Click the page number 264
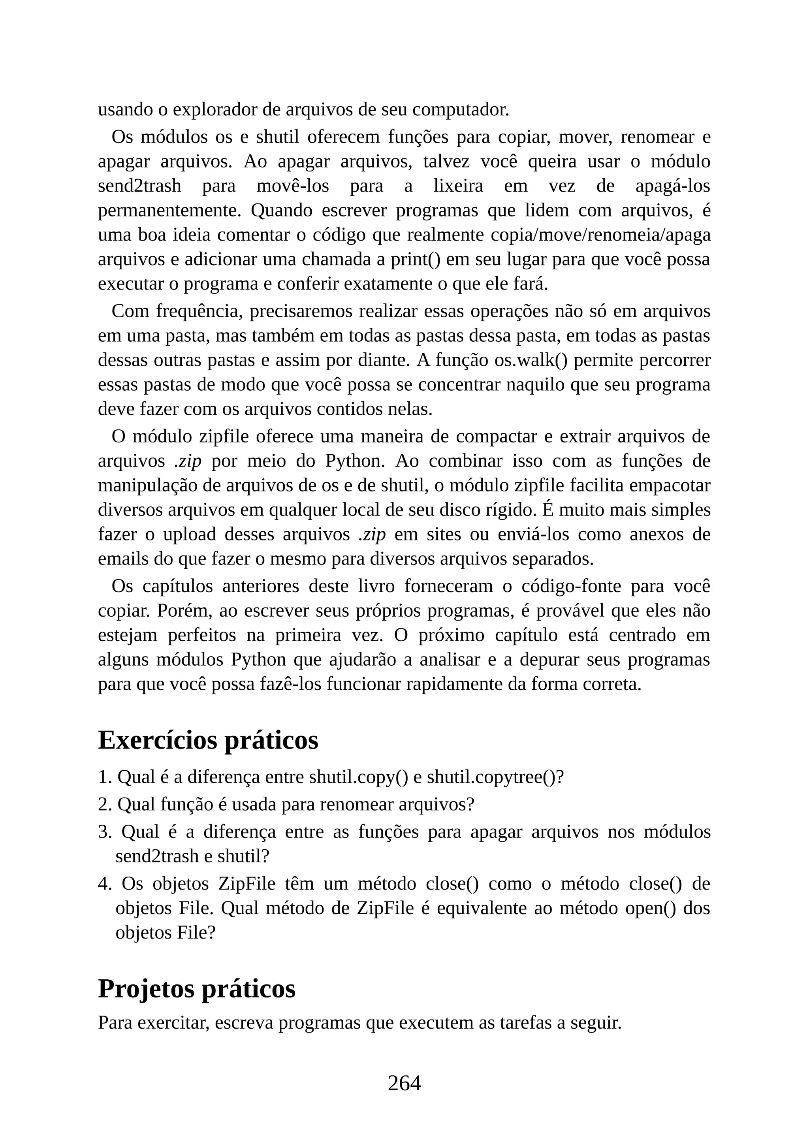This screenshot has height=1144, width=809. (404, 1083)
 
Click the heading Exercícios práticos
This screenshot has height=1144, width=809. (208, 740)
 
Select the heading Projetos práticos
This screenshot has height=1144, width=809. (196, 988)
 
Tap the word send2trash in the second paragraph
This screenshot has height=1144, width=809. (139, 186)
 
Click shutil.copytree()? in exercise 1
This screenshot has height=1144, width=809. (495, 777)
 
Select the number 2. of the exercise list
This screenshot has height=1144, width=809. (105, 804)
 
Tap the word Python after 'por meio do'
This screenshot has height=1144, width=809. (355, 461)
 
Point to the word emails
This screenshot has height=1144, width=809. (123, 559)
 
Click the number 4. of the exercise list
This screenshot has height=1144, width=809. (105, 883)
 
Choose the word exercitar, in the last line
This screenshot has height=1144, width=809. (173, 1022)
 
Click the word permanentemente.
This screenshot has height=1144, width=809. (169, 210)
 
